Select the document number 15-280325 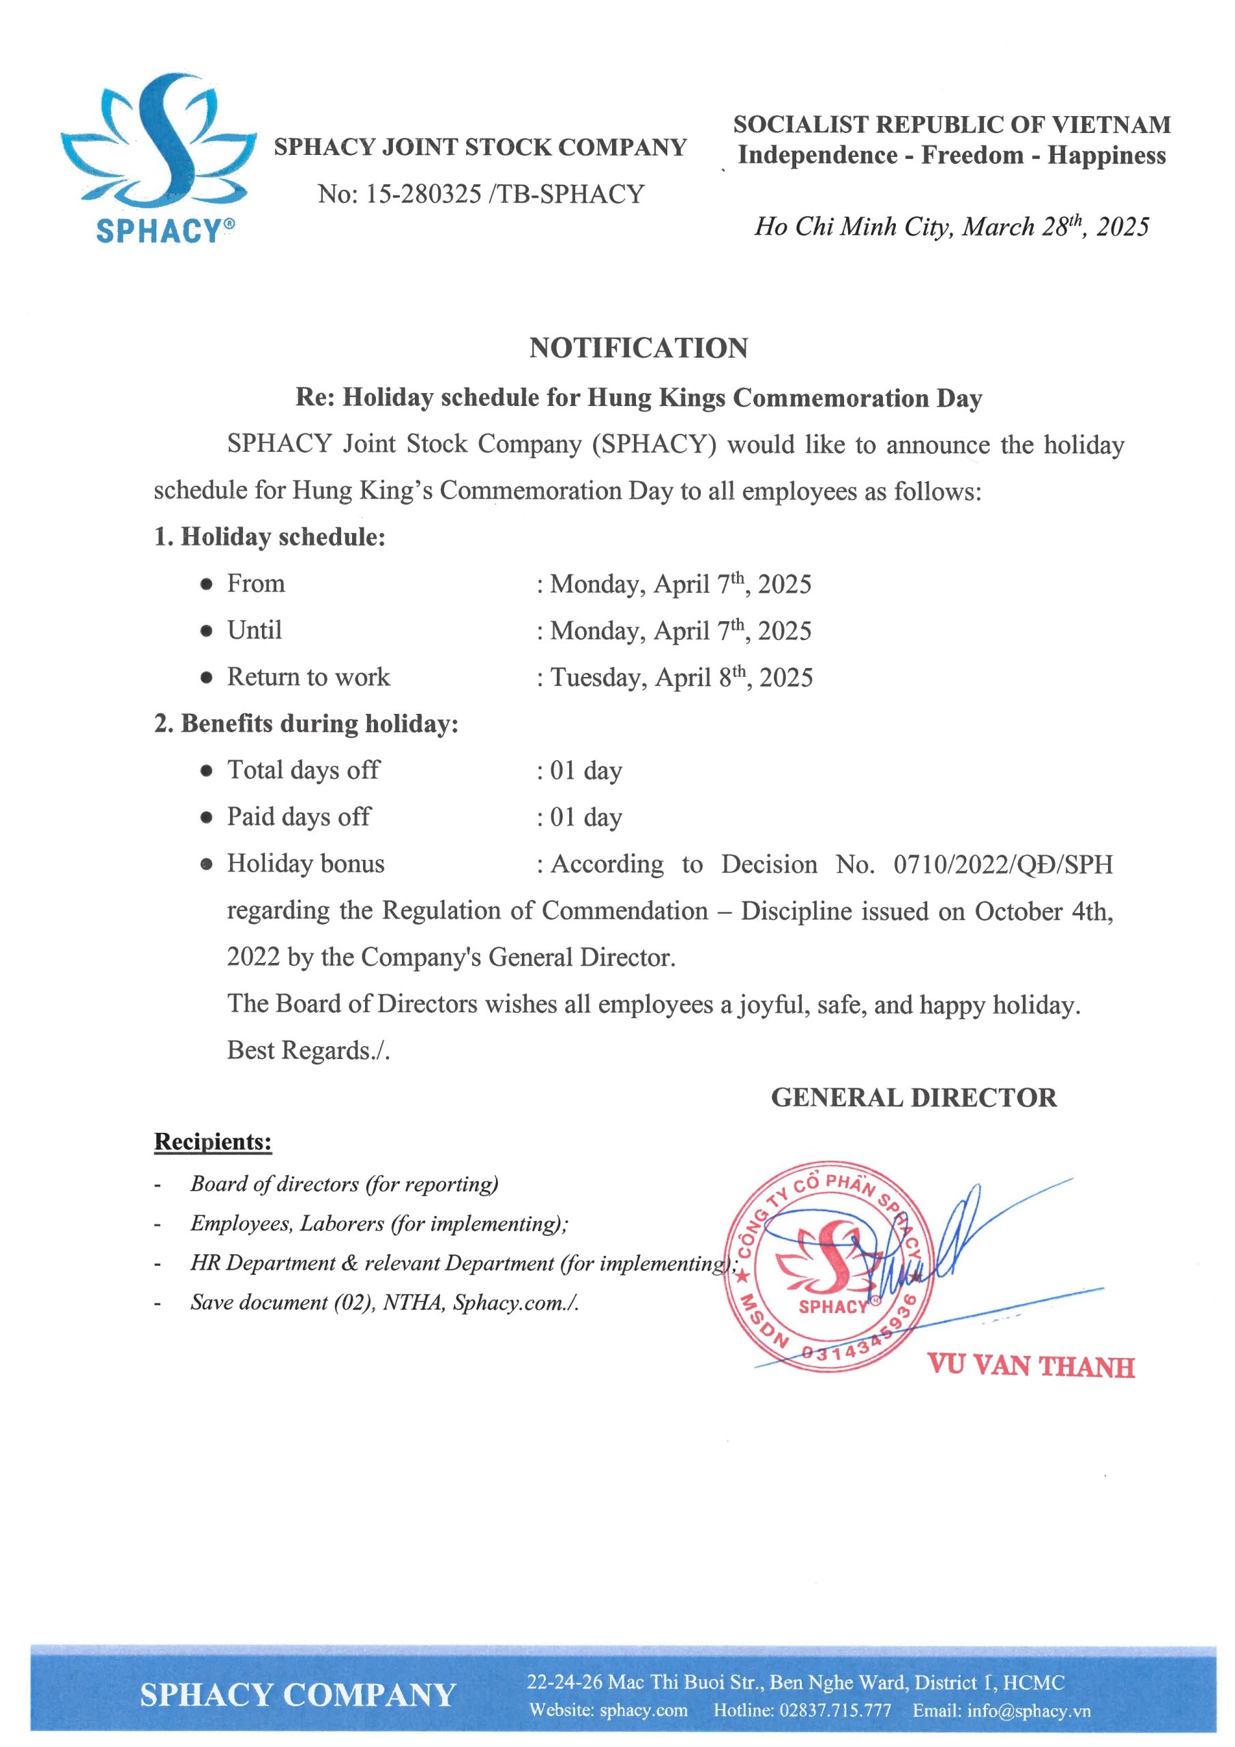point(423,194)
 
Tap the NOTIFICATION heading point(639,348)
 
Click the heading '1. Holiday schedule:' point(270,537)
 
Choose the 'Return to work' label point(308,676)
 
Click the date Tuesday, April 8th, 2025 point(681,677)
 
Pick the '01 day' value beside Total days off point(586,770)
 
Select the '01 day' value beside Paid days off point(586,817)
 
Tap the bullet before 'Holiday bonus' point(206,865)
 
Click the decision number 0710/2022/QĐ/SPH point(1003,865)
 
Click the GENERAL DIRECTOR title point(913,1098)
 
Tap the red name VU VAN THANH point(1031,1367)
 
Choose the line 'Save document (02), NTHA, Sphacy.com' point(384,1303)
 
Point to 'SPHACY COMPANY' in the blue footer point(297,1694)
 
